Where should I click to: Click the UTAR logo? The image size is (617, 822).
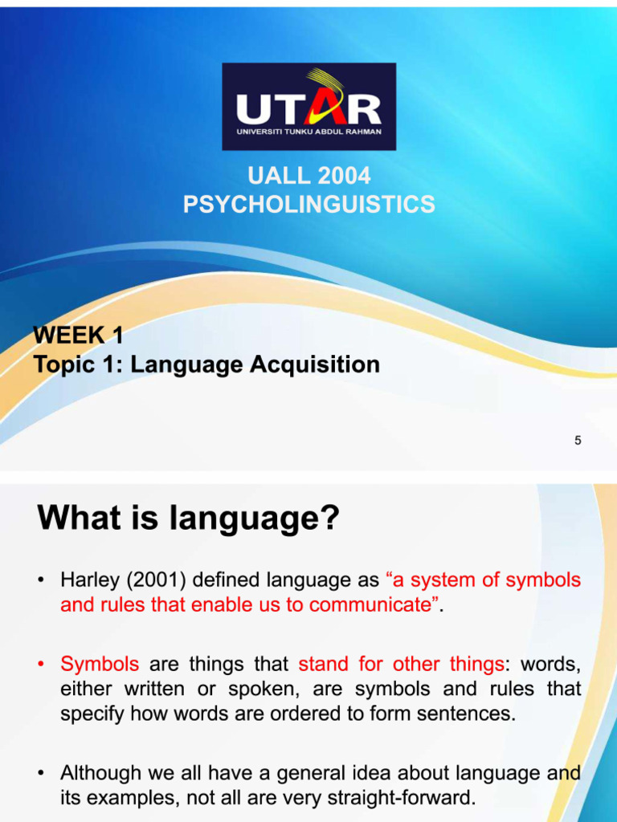click(x=308, y=107)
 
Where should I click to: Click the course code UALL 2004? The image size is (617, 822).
click(x=309, y=176)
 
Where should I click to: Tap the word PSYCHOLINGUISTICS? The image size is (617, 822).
click(x=309, y=205)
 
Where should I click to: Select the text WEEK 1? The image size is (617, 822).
click(x=78, y=336)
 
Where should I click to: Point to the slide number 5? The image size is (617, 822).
click(x=578, y=440)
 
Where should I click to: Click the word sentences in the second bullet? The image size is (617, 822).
click(x=472, y=714)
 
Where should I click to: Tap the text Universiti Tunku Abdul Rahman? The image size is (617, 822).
click(x=308, y=132)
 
